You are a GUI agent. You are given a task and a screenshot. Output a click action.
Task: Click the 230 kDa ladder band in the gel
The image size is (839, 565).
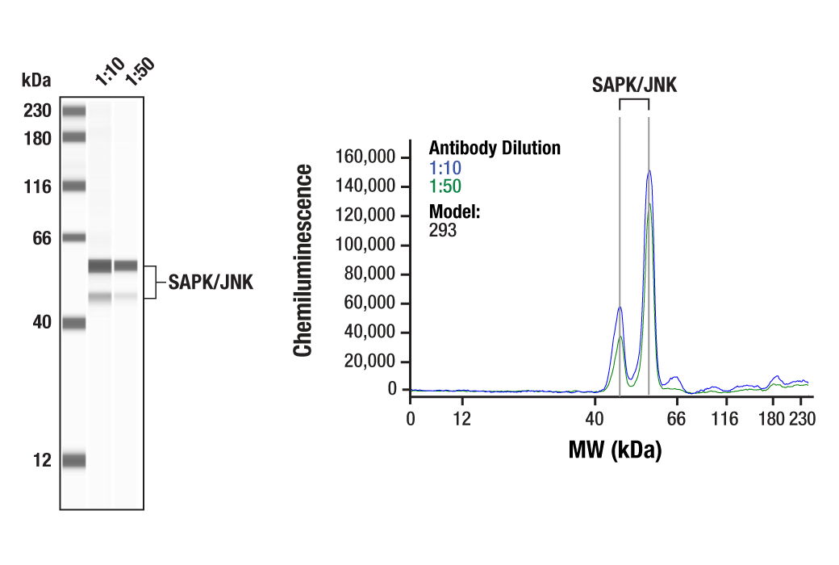pyautogui.click(x=73, y=111)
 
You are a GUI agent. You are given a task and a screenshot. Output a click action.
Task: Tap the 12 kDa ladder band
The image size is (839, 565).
pyautogui.click(x=73, y=461)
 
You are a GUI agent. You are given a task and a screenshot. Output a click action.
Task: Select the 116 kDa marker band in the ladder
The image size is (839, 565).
pyautogui.click(x=73, y=186)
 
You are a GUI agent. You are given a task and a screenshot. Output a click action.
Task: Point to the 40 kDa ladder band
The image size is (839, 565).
pyautogui.click(x=73, y=323)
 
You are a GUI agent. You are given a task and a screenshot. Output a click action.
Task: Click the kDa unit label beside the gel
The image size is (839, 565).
pyautogui.click(x=36, y=81)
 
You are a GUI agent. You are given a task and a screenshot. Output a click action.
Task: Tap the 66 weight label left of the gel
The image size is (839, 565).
pyautogui.click(x=40, y=238)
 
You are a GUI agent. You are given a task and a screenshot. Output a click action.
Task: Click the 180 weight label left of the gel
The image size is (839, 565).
pyautogui.click(x=36, y=139)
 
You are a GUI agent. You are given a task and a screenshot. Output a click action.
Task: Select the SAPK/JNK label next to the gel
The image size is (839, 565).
pyautogui.click(x=211, y=282)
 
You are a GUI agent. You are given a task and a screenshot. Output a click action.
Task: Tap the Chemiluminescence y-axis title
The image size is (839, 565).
pyautogui.click(x=303, y=260)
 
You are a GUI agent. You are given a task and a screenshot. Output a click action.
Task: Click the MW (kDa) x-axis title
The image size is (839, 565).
pyautogui.click(x=615, y=450)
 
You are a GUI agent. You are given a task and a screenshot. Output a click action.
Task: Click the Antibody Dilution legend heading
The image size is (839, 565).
pyautogui.click(x=495, y=149)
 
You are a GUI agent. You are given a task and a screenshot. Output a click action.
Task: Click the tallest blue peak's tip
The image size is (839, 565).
pyautogui.click(x=649, y=171)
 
